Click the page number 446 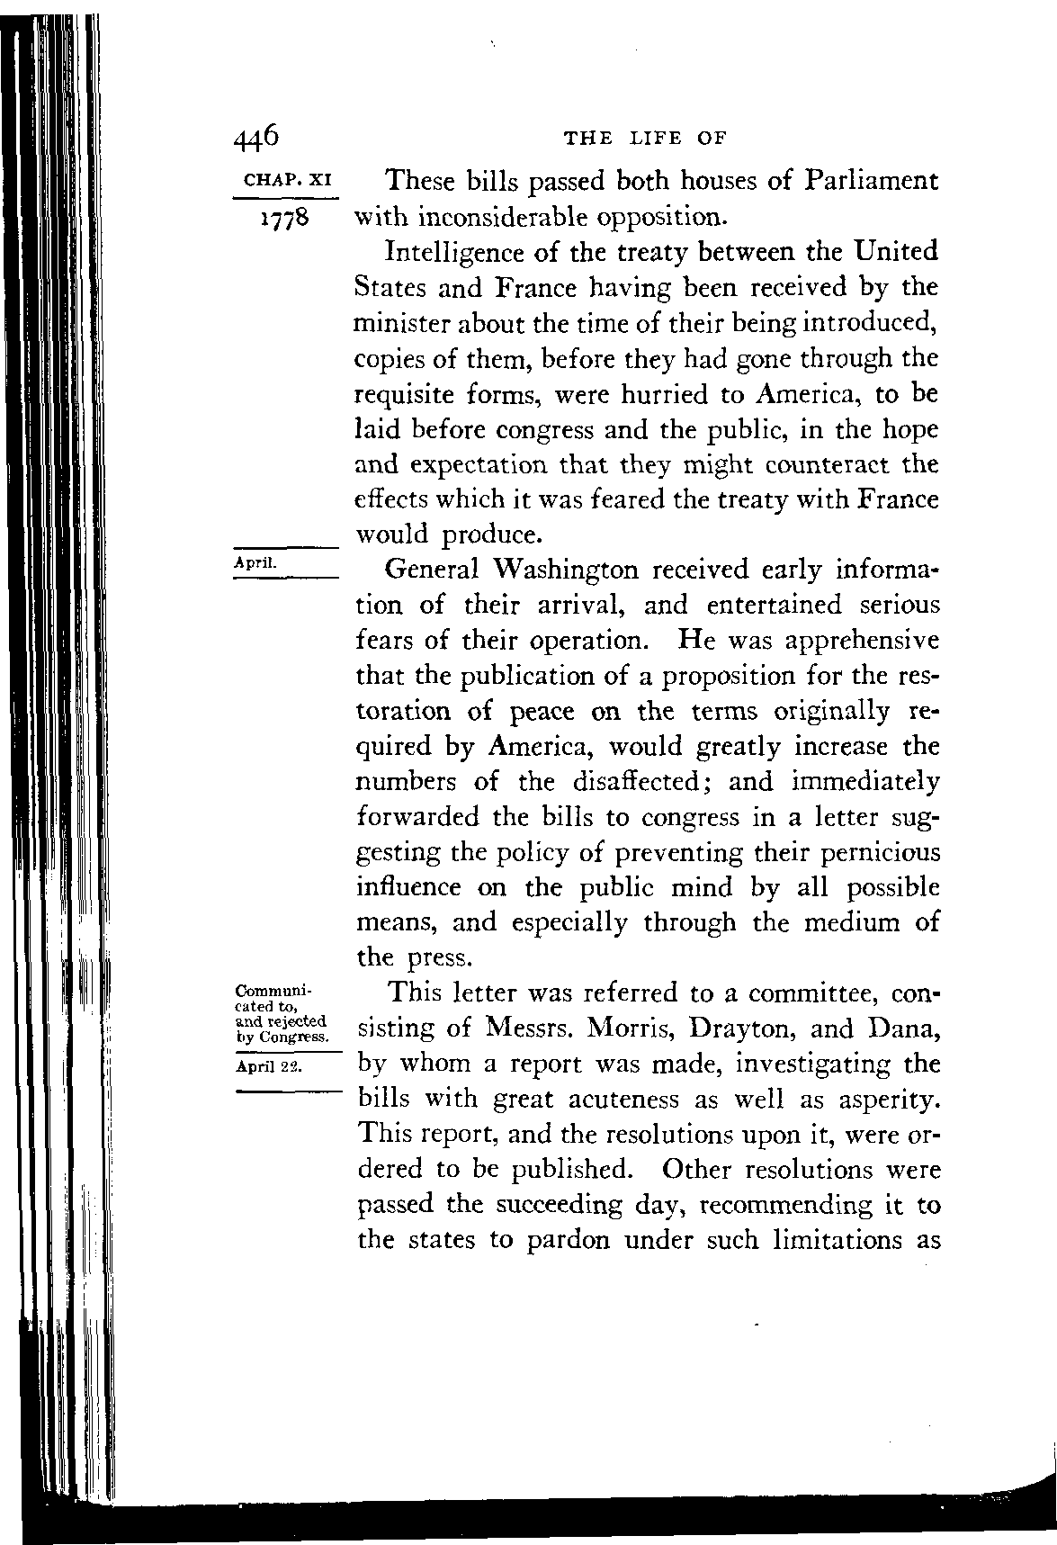(x=256, y=137)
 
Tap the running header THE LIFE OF (x=644, y=139)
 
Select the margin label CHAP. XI (x=284, y=180)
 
